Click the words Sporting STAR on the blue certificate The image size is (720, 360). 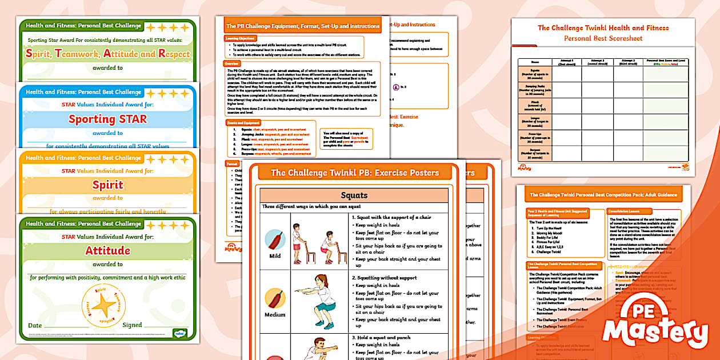(107, 119)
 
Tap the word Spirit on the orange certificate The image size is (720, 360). (107, 185)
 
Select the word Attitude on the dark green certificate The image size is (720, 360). (107, 251)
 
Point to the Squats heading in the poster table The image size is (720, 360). (354, 195)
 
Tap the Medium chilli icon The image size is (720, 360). (275, 298)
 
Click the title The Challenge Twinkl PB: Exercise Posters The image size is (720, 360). (354, 173)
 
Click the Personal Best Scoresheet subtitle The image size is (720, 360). (603, 39)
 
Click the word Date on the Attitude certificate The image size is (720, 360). (35, 325)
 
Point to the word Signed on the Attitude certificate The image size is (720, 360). (132, 325)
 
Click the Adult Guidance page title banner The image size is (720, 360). (603, 195)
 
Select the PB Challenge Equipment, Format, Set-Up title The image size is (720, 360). (302, 26)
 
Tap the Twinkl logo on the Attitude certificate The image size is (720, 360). (179, 333)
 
